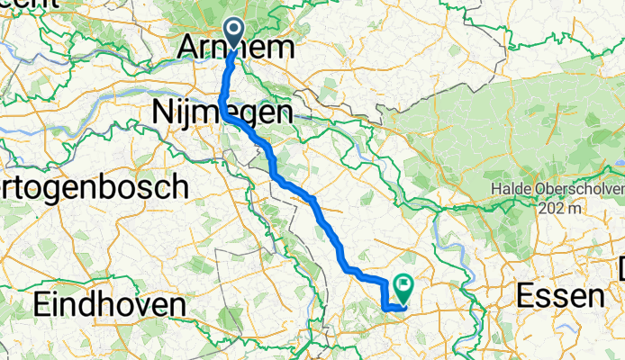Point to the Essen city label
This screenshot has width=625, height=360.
(x=559, y=295)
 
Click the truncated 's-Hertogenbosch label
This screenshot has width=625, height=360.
(x=94, y=187)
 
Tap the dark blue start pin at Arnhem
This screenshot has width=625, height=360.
(x=234, y=32)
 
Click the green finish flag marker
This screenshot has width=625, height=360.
(x=402, y=287)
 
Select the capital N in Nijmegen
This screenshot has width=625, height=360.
(x=162, y=112)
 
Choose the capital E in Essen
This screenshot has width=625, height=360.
(x=526, y=295)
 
